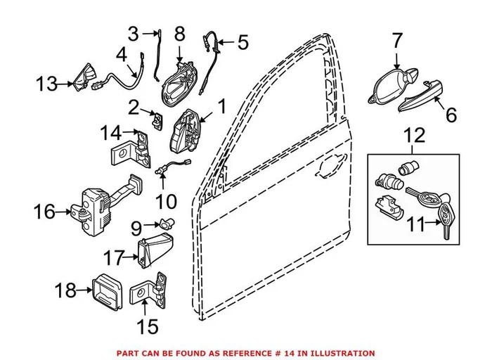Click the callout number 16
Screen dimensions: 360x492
click(44, 210)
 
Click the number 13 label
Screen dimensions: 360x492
click(47, 85)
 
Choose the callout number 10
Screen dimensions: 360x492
click(166, 202)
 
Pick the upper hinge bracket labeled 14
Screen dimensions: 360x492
click(141, 147)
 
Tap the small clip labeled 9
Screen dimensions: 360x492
click(166, 224)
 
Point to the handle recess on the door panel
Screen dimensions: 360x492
click(328, 168)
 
